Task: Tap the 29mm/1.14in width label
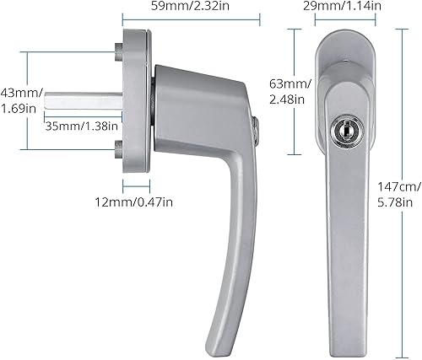pos(342,8)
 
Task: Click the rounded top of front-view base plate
pos(343,38)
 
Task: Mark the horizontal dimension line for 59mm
pos(186,22)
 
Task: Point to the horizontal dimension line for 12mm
pos(137,186)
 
